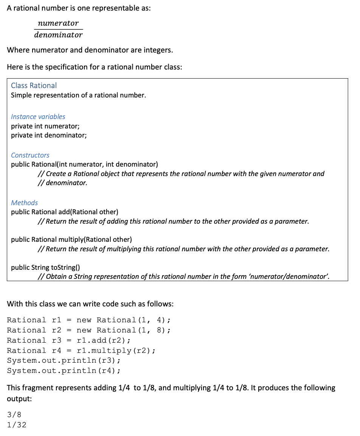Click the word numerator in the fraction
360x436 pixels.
point(58,23)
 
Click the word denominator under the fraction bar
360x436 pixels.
point(58,35)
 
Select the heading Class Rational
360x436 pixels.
point(34,85)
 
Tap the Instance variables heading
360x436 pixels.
point(38,117)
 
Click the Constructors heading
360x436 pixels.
point(30,155)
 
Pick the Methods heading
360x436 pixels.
point(24,203)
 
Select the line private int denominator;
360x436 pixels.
point(48,135)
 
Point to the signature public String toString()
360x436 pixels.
point(45,267)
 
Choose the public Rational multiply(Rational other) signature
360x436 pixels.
point(71,240)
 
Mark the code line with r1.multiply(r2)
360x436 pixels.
point(81,351)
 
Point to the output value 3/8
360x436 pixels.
point(14,415)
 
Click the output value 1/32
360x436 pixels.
point(17,425)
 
